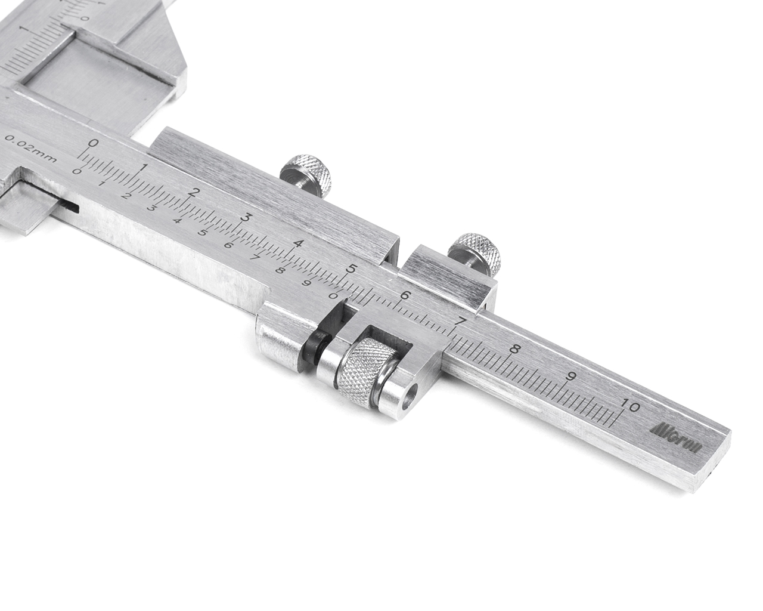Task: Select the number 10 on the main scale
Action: coord(629,407)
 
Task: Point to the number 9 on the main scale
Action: coord(572,378)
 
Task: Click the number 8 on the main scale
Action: coord(514,349)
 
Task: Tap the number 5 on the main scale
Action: coord(352,269)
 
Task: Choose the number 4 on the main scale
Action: coord(298,243)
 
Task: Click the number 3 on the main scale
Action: coord(244,217)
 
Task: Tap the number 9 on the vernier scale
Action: coord(305,282)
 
